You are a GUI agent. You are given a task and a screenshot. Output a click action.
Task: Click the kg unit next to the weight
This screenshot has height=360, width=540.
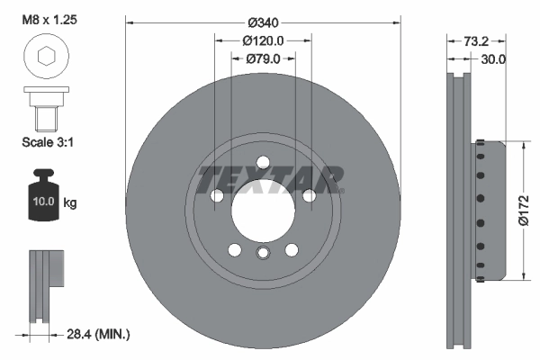pos(70,203)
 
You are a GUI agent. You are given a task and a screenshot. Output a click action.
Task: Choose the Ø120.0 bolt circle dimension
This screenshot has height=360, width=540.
pos(263,40)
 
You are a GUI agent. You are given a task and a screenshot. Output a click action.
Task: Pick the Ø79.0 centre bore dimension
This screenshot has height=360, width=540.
pos(263,58)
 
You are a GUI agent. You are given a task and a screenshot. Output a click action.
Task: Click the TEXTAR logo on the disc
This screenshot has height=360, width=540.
pos(270,178)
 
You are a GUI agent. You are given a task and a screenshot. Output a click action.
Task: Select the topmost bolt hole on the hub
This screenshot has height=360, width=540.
pos(263,163)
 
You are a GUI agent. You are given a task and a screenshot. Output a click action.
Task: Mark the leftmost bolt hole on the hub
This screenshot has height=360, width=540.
pos(216,196)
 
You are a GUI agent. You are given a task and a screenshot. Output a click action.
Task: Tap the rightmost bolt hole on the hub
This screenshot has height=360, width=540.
pos(309,196)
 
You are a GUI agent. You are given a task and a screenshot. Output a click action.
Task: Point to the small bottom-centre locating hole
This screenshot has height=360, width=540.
pos(263,253)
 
